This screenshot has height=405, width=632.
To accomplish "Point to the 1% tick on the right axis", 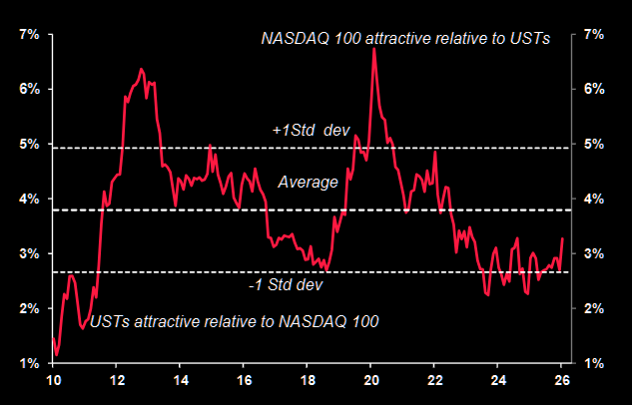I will click(593, 363).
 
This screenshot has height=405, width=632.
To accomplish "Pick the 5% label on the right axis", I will click(593, 144).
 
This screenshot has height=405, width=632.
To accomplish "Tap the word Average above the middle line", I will click(308, 183).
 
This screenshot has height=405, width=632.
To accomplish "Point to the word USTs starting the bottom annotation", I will click(109, 321).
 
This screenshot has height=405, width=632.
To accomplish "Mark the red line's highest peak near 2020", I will click(373, 48).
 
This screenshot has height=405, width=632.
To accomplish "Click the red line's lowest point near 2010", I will click(57, 354).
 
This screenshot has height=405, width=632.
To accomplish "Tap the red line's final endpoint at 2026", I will click(563, 238).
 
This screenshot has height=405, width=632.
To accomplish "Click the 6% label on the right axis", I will click(593, 89).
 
